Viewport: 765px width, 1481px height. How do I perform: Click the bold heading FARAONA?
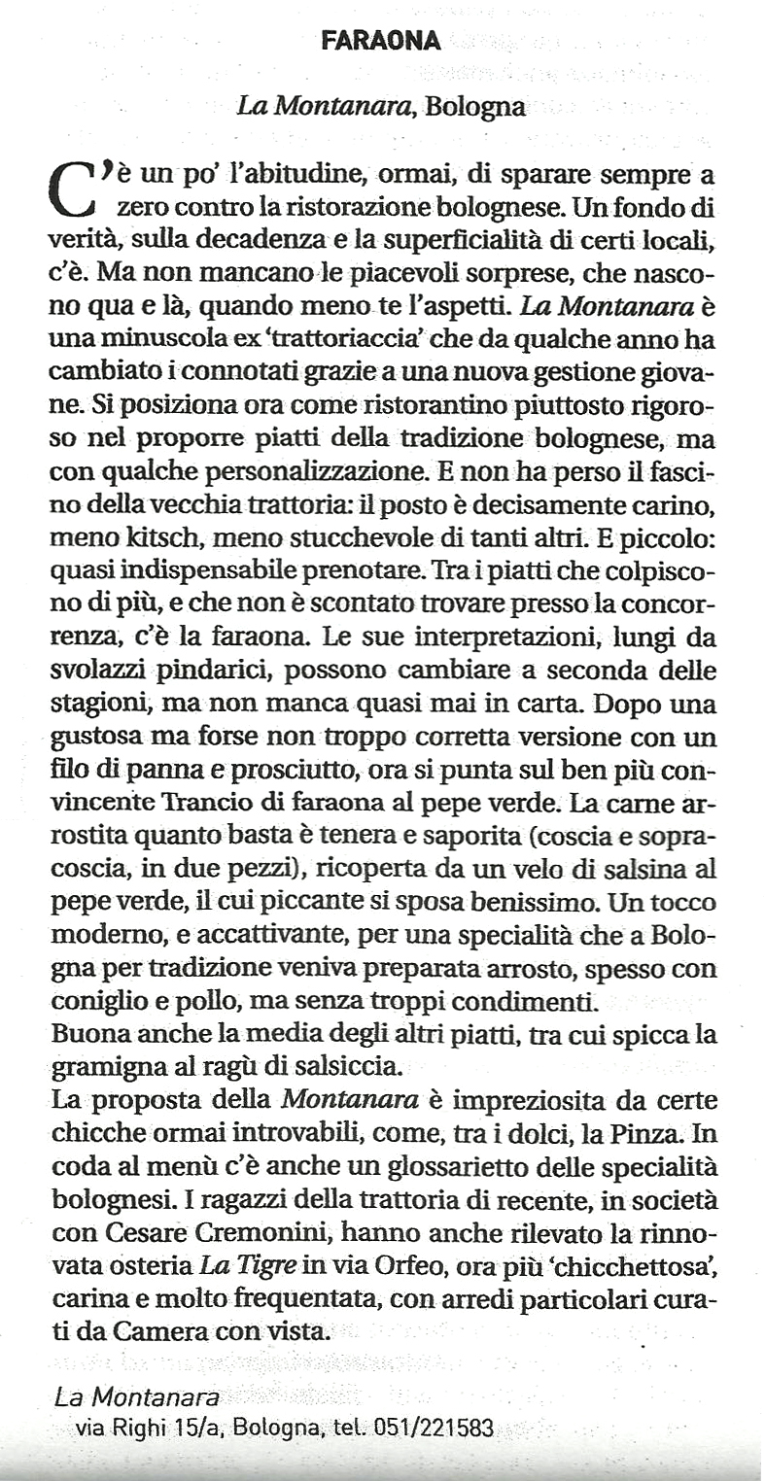click(x=381, y=41)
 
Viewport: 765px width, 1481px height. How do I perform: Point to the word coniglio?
click(x=95, y=1002)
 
